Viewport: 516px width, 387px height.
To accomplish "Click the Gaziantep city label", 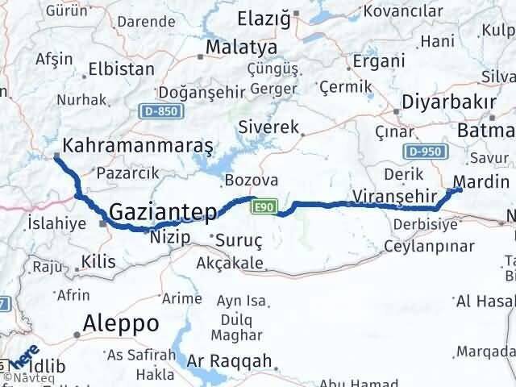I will [162, 212].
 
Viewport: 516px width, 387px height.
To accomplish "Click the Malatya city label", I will [241, 48].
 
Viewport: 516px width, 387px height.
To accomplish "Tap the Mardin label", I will [481, 181].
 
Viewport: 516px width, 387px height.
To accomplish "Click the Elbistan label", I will [121, 69].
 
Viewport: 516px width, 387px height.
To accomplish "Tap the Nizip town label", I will [170, 237].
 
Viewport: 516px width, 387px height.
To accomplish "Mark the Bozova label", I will [252, 180].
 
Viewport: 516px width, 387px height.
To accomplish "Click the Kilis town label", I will [98, 261].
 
